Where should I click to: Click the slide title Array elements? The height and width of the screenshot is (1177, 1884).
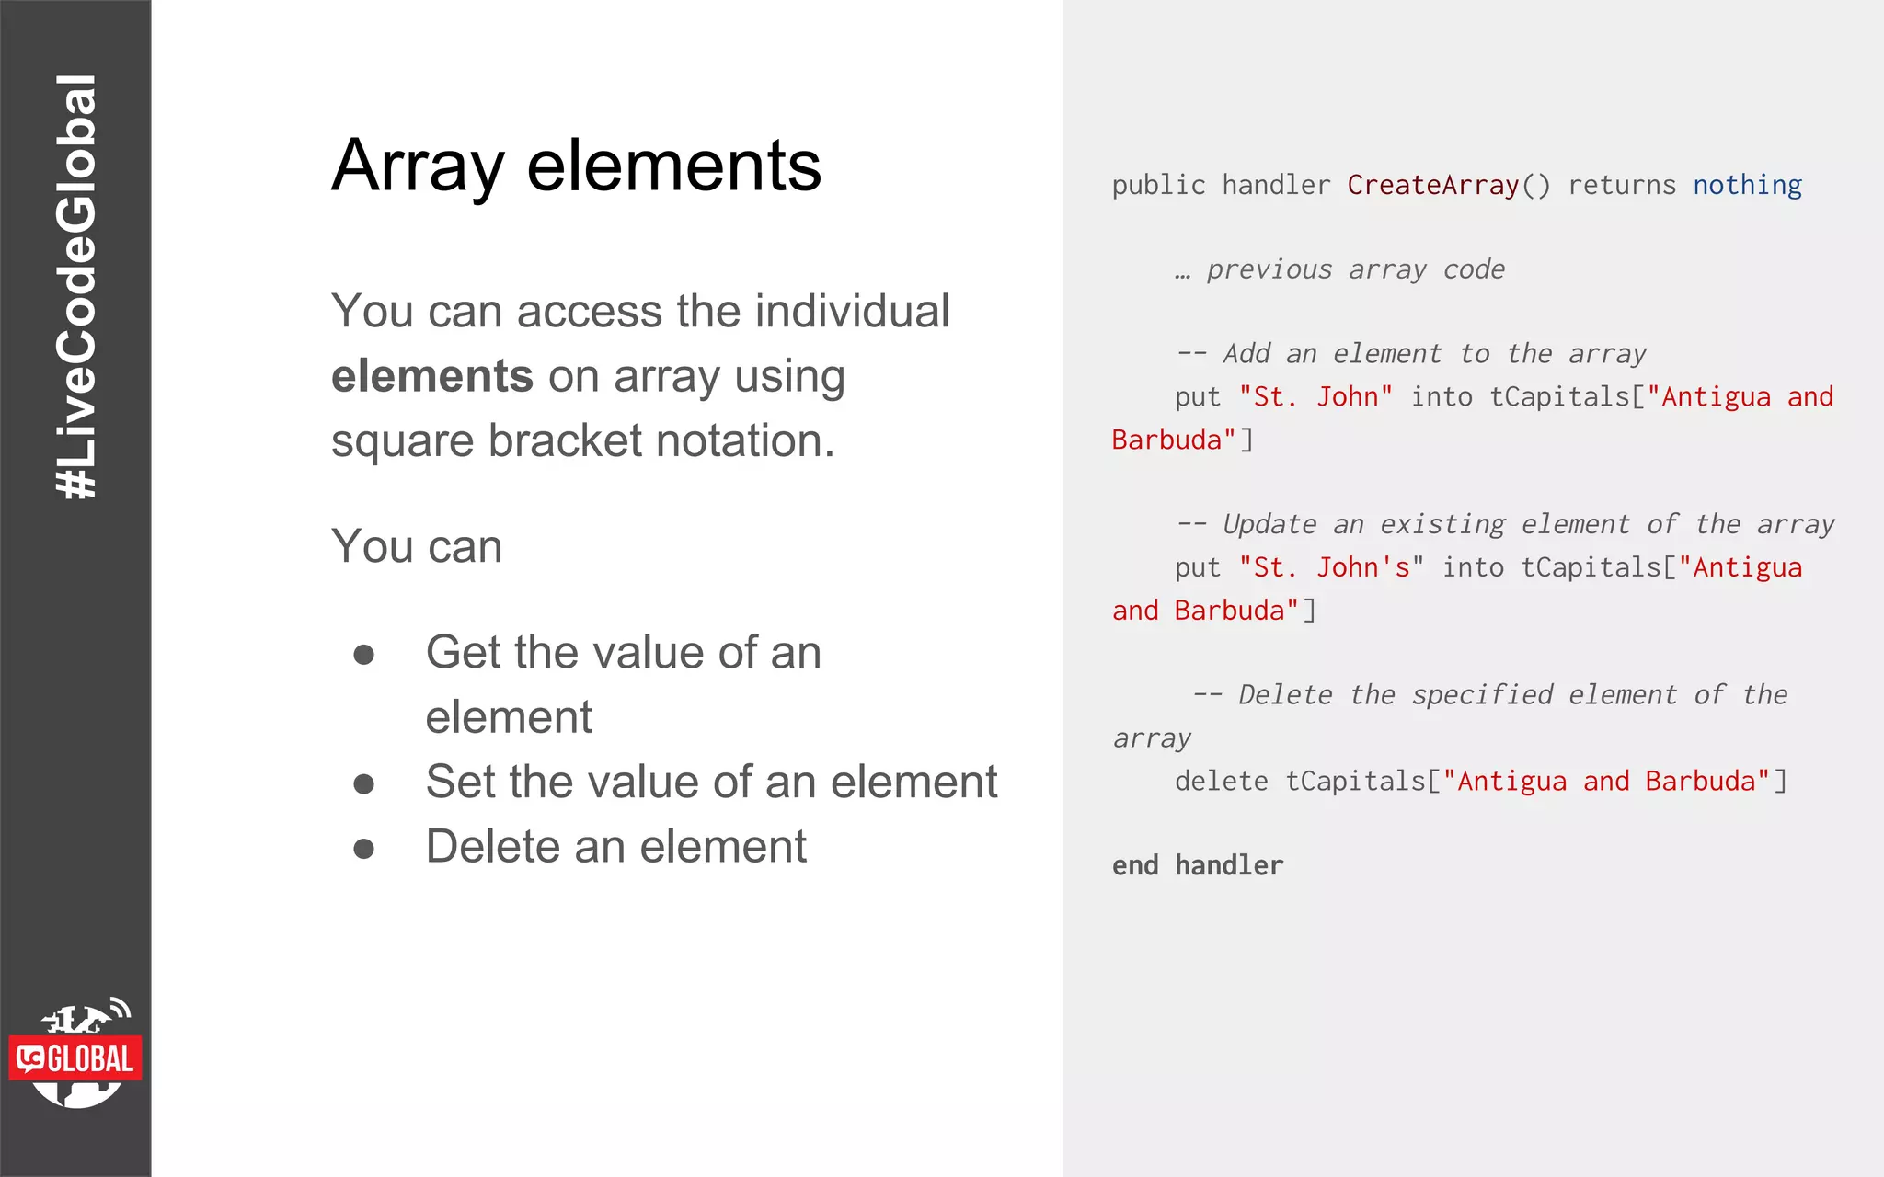tap(576, 166)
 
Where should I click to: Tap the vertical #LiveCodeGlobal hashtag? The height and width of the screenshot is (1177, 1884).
tap(75, 287)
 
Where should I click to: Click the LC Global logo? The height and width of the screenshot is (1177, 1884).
tap(76, 1056)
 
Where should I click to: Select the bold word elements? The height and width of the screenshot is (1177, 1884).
tap(431, 376)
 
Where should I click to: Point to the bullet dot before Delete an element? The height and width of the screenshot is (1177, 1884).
tap(364, 848)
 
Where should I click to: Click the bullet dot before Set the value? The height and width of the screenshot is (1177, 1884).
tap(364, 783)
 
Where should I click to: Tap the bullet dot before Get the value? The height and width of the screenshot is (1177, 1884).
tap(364, 654)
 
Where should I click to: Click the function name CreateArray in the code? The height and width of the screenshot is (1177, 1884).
tap(1432, 185)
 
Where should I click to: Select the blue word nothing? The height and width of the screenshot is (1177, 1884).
tap(1747, 185)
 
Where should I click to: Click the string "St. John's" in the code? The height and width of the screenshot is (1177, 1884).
tap(1330, 567)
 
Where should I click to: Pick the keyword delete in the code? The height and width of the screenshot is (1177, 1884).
tap(1221, 781)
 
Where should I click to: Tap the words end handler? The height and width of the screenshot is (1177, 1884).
tap(1197, 865)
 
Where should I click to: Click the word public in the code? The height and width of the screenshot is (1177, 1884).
tap(1158, 185)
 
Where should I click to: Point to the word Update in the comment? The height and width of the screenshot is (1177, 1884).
tap(1269, 524)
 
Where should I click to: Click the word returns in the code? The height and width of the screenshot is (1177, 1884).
tap(1621, 185)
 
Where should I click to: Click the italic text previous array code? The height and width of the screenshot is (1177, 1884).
tap(1355, 269)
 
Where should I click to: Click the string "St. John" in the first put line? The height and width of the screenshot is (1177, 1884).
tap(1315, 397)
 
